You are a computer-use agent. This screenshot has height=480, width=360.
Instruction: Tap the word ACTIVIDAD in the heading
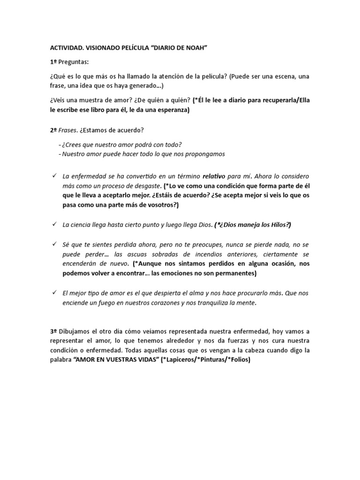(67, 48)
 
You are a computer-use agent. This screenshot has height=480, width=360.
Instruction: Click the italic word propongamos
(204, 154)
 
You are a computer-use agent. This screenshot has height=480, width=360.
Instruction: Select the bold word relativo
(214, 177)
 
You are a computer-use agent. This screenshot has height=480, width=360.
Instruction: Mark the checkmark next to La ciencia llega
(53, 225)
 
